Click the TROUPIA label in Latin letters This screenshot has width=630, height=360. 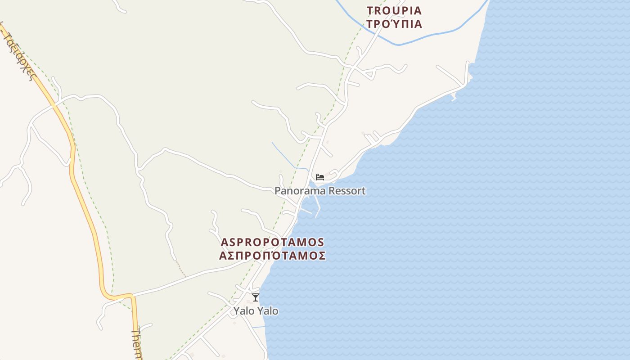click(x=394, y=10)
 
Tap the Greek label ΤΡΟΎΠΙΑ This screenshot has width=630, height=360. click(x=394, y=24)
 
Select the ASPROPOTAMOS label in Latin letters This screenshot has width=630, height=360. click(x=272, y=242)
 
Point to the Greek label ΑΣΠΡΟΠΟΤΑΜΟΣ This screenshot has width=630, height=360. click(x=272, y=256)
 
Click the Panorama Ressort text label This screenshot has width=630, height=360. click(x=320, y=191)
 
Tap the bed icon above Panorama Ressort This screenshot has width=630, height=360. click(x=320, y=177)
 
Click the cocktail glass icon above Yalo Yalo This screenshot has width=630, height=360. click(x=256, y=297)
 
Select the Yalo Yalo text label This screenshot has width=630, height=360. click(x=256, y=311)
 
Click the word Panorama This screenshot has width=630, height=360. click(x=300, y=191)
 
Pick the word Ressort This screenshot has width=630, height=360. click(x=347, y=191)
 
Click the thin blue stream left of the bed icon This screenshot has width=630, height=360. click(x=283, y=156)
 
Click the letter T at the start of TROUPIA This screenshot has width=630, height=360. click(x=370, y=10)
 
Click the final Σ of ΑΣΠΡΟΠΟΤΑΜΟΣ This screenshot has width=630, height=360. click(x=322, y=256)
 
